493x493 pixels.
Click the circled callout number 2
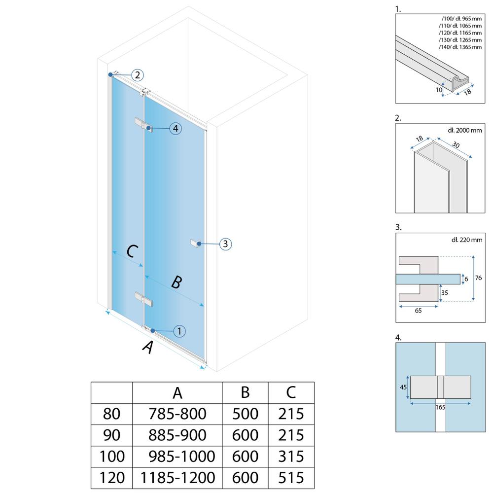point(138,75)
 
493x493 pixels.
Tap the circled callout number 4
point(175,129)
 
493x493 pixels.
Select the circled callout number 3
point(225,244)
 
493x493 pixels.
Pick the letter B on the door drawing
point(176,282)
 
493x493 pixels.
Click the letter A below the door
point(147,348)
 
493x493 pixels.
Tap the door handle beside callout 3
point(196,243)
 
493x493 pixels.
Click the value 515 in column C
point(291,477)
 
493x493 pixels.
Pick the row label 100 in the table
point(111,456)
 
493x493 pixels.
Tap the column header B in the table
point(245,392)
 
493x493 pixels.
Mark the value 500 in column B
point(245,413)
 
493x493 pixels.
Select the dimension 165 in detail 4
point(441,407)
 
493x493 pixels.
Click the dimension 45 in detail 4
point(403,387)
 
